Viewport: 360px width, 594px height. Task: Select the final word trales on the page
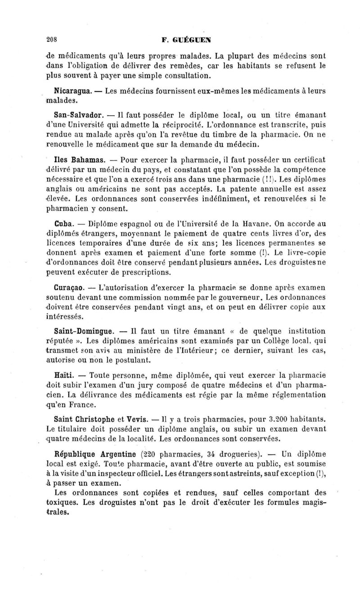click(58, 512)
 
